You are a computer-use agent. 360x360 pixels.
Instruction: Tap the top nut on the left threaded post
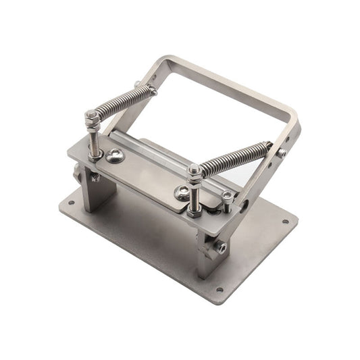pos(90,117)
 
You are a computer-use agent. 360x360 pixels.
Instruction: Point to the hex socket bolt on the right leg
pos(221,248)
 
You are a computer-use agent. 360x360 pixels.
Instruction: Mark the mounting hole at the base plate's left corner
pos(69,201)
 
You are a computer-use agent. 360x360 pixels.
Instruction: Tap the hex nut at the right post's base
pos(194,212)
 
